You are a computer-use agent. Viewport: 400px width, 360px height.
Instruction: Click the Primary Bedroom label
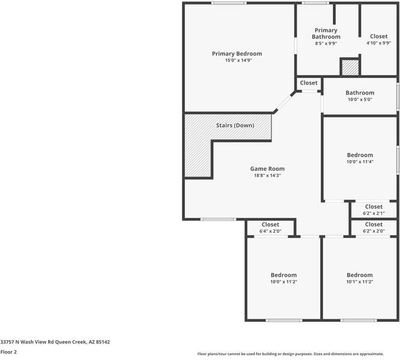click(x=237, y=53)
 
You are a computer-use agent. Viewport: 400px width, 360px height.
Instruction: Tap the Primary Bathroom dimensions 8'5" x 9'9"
click(x=326, y=43)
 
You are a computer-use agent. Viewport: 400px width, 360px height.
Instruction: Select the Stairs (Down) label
click(x=235, y=125)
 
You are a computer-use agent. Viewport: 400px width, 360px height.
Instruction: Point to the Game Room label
click(x=267, y=169)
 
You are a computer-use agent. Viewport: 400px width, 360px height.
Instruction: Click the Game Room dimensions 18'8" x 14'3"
click(x=267, y=176)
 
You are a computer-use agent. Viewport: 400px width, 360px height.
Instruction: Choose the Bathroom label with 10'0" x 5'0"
click(x=360, y=92)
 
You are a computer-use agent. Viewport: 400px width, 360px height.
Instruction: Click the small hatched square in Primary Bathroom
click(x=350, y=67)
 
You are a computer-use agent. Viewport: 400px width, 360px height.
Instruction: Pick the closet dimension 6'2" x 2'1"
click(x=373, y=214)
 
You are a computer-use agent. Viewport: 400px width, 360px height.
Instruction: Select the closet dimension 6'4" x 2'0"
click(x=270, y=232)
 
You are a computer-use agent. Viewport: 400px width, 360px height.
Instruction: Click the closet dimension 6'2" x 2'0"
click(x=373, y=232)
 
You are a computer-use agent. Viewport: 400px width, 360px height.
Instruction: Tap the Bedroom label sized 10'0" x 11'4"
click(x=360, y=155)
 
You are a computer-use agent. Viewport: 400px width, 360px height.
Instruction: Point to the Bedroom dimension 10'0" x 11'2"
click(x=283, y=282)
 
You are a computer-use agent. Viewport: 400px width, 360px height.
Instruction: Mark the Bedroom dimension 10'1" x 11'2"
click(x=360, y=282)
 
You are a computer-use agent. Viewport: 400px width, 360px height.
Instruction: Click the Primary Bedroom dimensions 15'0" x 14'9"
click(x=237, y=61)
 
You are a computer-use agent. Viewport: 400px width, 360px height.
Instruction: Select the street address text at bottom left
click(x=55, y=342)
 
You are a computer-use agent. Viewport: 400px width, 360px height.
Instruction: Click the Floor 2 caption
click(x=8, y=352)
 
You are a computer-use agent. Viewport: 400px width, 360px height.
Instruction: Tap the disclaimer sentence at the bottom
click(x=298, y=354)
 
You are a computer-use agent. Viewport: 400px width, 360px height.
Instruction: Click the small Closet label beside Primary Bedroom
click(x=309, y=83)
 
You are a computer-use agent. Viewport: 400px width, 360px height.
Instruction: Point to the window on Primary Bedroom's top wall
click(x=228, y=4)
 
